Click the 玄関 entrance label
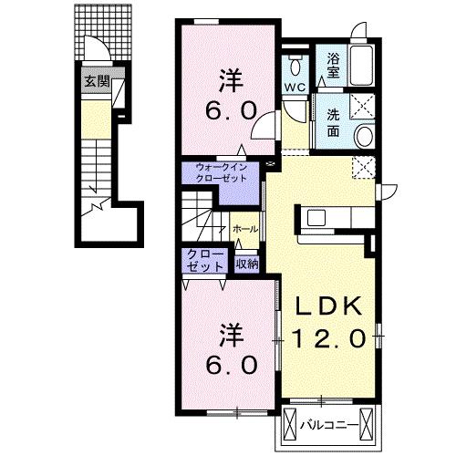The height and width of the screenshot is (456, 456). [97, 81]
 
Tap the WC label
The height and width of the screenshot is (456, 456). [295, 88]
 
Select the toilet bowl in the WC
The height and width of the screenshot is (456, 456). [295, 65]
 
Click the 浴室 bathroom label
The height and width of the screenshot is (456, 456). [333, 66]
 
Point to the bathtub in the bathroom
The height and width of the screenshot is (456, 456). [361, 66]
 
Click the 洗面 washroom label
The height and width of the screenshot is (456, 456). [333, 123]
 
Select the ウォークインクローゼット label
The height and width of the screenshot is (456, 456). [221, 172]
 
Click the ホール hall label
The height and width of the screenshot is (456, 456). [245, 229]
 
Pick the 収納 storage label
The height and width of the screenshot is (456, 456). [247, 264]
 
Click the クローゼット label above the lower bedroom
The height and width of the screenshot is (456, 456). [205, 261]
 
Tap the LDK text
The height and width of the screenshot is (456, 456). [329, 306]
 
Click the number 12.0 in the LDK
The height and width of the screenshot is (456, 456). [329, 339]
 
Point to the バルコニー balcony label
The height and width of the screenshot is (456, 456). [327, 425]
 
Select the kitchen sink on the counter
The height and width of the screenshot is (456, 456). [316, 218]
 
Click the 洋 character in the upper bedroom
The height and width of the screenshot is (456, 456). [231, 80]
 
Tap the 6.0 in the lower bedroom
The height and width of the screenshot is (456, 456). [231, 366]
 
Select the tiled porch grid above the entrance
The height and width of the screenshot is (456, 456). [103, 33]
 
